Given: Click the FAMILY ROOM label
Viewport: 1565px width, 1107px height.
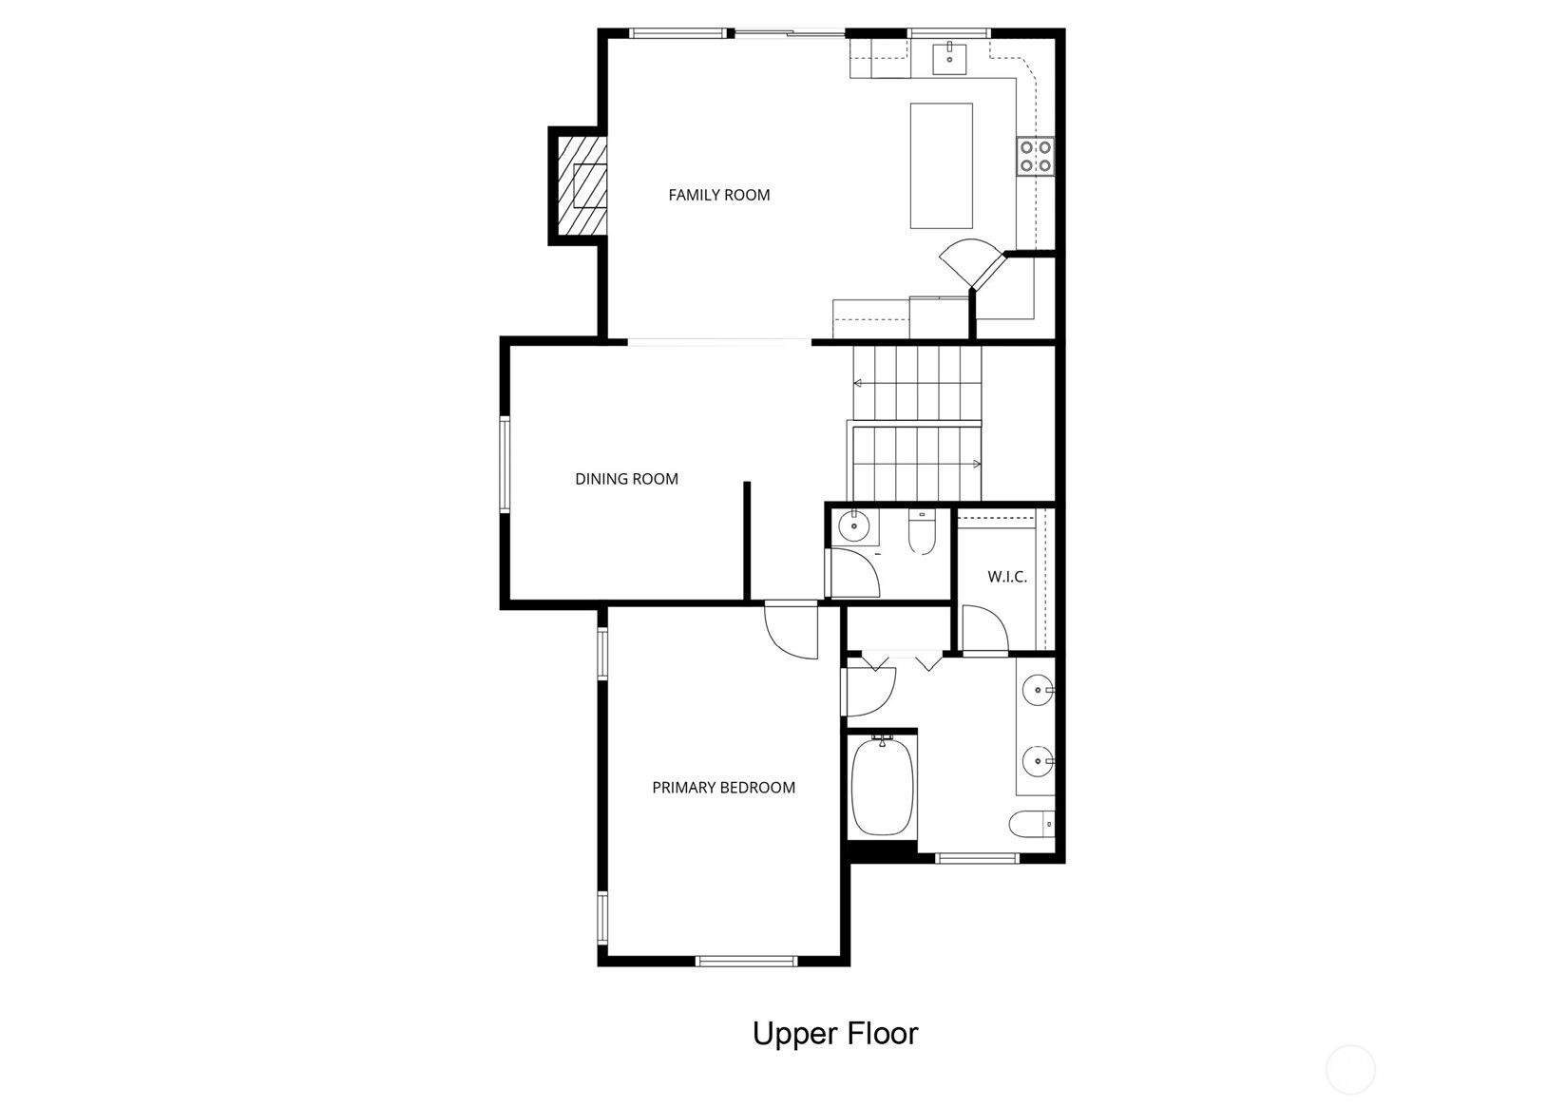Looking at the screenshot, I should click(718, 195).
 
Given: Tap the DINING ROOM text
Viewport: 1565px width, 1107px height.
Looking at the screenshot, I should click(626, 479).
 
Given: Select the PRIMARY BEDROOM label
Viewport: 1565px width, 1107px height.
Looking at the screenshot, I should click(723, 788).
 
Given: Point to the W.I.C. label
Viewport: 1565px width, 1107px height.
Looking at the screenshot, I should click(1006, 577).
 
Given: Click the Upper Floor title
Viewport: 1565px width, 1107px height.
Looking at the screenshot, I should click(835, 1033).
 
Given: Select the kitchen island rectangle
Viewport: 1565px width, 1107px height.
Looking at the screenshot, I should click(941, 165).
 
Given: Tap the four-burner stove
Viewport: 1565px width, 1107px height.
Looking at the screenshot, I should click(1035, 156).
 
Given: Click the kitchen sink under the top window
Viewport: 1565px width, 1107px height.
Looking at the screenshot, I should click(949, 57).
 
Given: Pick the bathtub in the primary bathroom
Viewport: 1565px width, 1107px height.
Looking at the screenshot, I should click(882, 788).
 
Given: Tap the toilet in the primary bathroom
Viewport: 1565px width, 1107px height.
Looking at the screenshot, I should click(1031, 823).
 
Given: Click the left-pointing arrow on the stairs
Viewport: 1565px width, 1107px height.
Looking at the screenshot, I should click(858, 383).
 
